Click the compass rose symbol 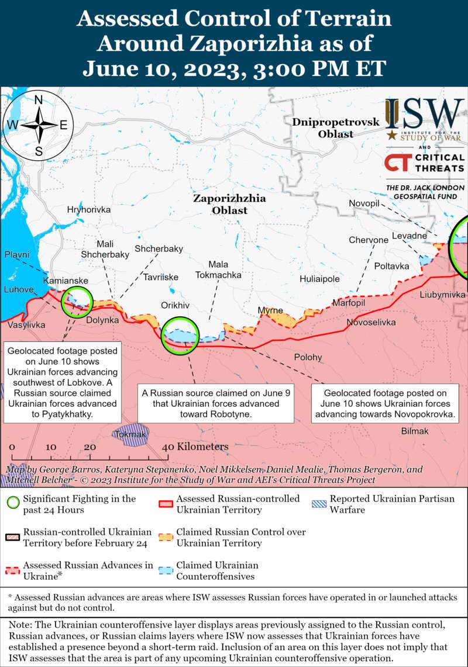[39, 125]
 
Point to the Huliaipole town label [319, 279]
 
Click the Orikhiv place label [175, 305]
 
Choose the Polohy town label [308, 357]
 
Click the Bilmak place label [415, 431]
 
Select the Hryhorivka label [88, 209]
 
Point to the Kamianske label [66, 281]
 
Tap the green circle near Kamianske [77, 302]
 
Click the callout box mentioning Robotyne [216, 403]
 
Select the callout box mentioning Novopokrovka [386, 403]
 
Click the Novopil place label [364, 203]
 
